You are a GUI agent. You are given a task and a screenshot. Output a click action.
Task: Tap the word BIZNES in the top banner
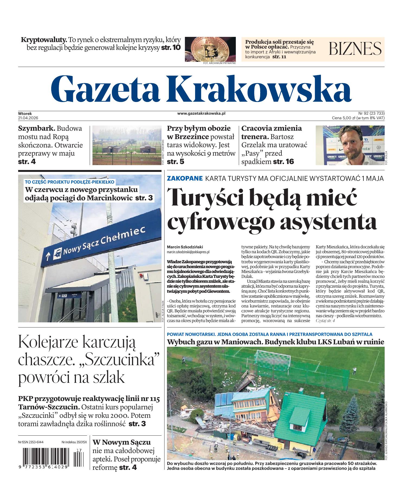[355, 49]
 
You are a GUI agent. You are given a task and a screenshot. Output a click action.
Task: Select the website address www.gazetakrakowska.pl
[201, 114]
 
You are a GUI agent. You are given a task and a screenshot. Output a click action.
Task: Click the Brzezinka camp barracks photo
[126, 145]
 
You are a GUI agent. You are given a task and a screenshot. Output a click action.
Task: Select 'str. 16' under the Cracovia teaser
[283, 162]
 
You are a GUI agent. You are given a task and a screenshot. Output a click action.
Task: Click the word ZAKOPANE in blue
[185, 178]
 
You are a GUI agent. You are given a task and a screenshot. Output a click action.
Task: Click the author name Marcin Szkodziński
[185, 247]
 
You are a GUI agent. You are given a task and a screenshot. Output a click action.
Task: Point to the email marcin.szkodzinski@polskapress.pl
[188, 252]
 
